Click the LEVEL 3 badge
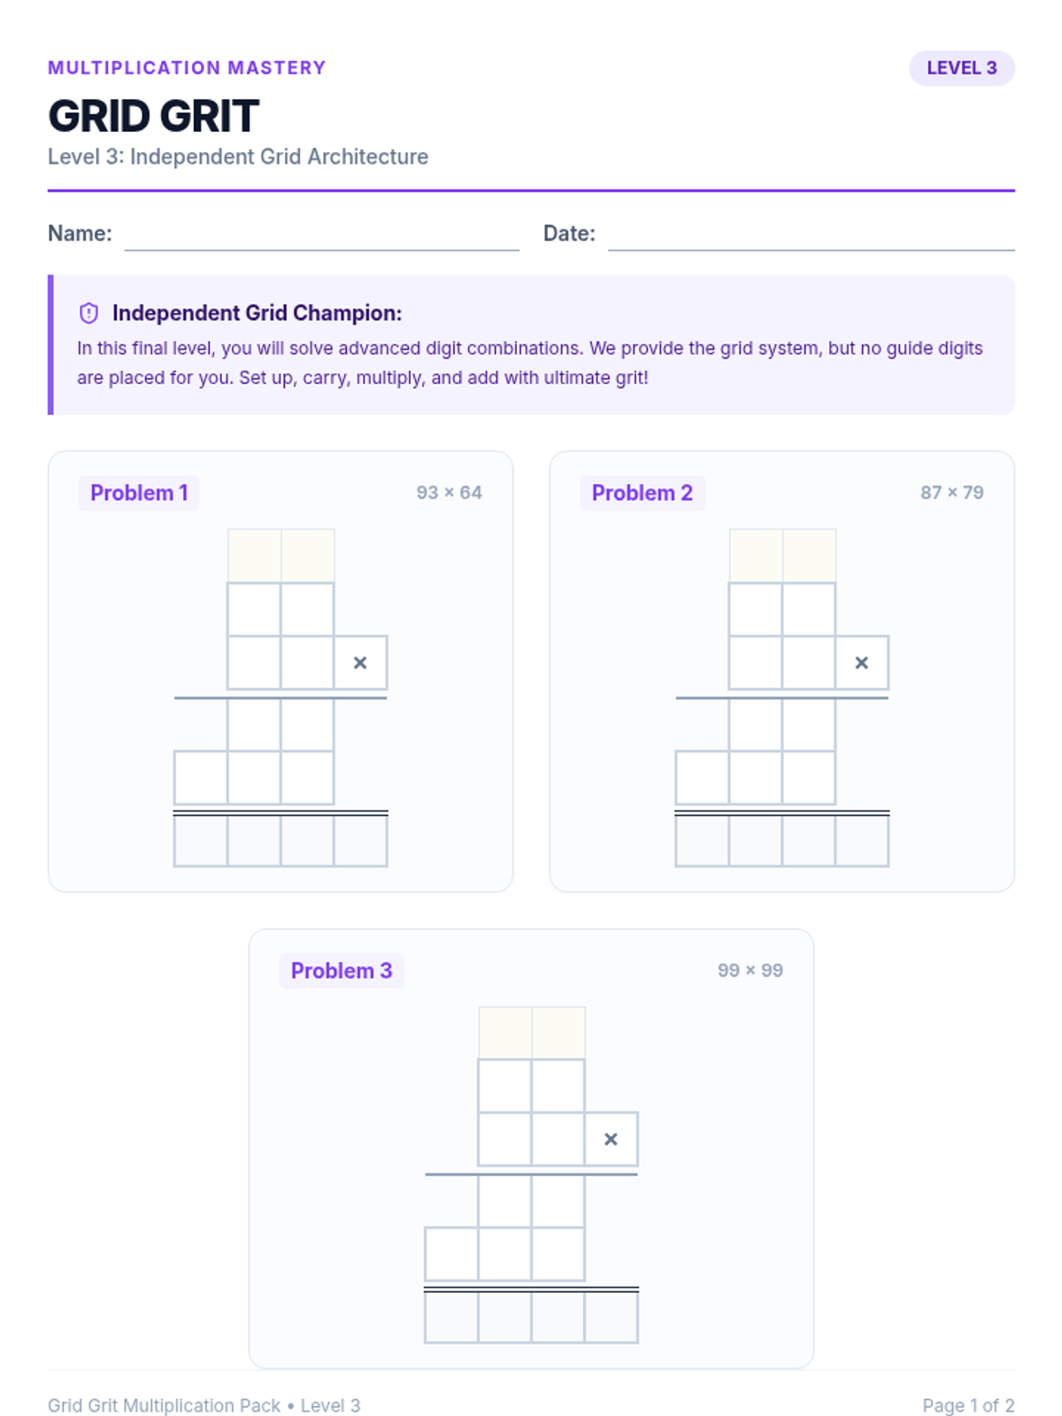pyautogui.click(x=961, y=68)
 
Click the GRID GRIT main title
pyautogui.click(x=153, y=116)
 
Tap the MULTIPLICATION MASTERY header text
pyautogui.click(x=187, y=68)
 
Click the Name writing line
pyautogui.click(x=321, y=250)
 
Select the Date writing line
pyautogui.click(x=812, y=250)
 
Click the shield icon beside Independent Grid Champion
pyautogui.click(x=88, y=313)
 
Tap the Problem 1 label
pyautogui.click(x=139, y=493)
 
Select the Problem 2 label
pyautogui.click(x=643, y=493)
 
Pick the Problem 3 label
pyautogui.click(x=342, y=970)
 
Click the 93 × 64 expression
pyautogui.click(x=449, y=493)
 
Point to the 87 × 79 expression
pyautogui.click(x=951, y=493)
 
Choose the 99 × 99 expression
pyautogui.click(x=750, y=970)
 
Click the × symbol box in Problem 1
pyautogui.click(x=360, y=663)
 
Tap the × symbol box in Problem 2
pyautogui.click(x=861, y=663)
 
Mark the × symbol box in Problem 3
pyautogui.click(x=612, y=1139)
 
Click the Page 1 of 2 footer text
pyautogui.click(x=968, y=1405)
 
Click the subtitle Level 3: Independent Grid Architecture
pyautogui.click(x=238, y=157)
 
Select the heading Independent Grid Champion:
pyautogui.click(x=258, y=313)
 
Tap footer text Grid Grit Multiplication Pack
pyautogui.click(x=164, y=1405)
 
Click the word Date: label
pyautogui.click(x=569, y=234)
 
